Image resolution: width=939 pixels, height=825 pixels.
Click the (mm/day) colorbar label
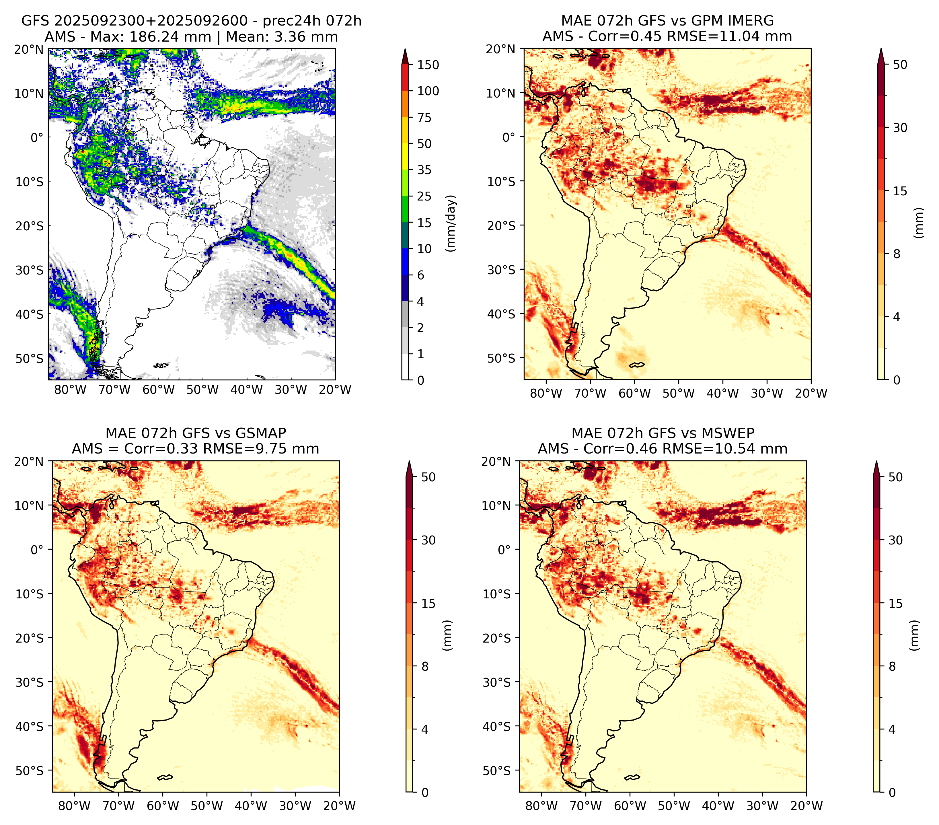pyautogui.click(x=452, y=223)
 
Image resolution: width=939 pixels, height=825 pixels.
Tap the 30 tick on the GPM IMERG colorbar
pyautogui.click(x=900, y=128)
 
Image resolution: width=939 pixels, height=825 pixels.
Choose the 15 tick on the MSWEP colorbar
pyautogui.click(x=895, y=604)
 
